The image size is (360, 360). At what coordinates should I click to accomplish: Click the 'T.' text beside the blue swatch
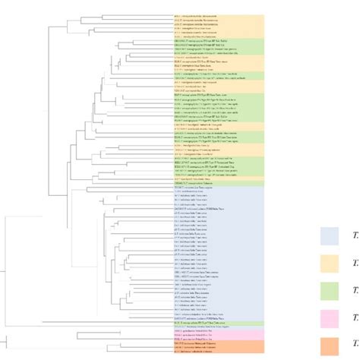(x=355, y=236)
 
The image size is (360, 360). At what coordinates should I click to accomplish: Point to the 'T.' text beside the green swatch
(x=355, y=291)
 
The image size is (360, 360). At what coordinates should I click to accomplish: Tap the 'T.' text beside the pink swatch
(x=355, y=318)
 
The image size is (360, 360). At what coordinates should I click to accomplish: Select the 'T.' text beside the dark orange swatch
(x=355, y=346)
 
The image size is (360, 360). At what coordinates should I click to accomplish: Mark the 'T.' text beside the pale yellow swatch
(x=355, y=264)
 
